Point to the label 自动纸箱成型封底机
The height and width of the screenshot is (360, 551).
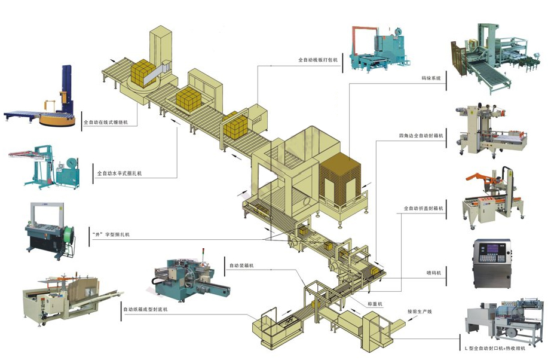click(146, 309)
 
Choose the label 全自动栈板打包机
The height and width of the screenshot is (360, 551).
click(319, 60)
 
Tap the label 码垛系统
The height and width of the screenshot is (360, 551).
click(431, 78)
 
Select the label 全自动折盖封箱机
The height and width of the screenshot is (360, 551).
click(423, 208)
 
